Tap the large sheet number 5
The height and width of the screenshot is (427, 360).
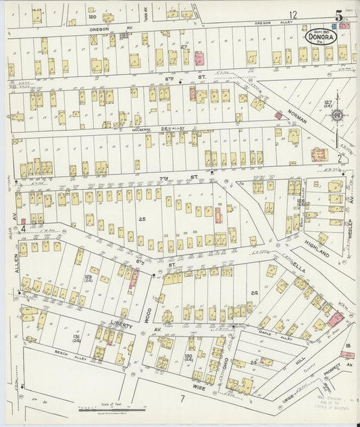pyautogui.click(x=337, y=14)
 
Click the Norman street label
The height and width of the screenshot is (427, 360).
pyautogui.click(x=298, y=116)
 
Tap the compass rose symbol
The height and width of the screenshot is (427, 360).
pyautogui.click(x=336, y=115)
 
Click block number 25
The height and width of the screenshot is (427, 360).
pyautogui.click(x=143, y=219)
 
